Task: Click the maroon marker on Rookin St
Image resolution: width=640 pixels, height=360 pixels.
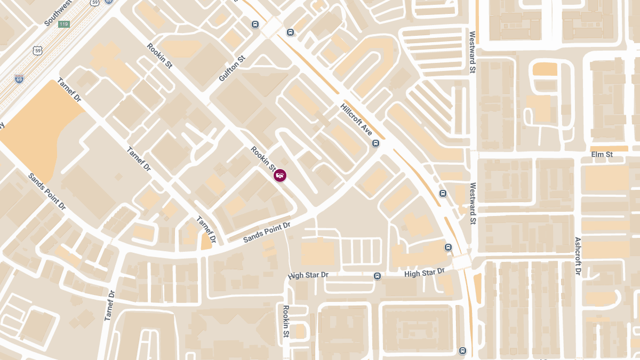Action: pos(280,175)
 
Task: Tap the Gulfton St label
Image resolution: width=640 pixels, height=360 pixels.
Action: pos(231,68)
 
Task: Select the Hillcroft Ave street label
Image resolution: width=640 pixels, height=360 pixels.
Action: pos(356,119)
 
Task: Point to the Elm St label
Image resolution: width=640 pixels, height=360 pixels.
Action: pos(602,155)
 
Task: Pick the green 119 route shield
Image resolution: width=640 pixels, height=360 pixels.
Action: pos(64,24)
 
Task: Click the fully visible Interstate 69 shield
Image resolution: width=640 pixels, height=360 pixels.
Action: pos(19,79)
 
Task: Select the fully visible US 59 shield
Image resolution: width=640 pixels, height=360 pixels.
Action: pos(37,51)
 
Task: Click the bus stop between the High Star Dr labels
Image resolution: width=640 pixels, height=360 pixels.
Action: pos(377,276)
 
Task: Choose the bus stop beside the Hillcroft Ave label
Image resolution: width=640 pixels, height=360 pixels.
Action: pos(376,143)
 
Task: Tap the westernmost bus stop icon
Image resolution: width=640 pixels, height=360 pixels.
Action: pos(255,24)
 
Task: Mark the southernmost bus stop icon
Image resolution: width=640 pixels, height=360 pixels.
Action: pos(462,350)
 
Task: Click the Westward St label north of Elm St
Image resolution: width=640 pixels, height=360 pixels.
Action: pos(472,52)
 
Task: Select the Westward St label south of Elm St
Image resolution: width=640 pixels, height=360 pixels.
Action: pos(473,203)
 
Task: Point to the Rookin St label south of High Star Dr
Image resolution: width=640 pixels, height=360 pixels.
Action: pos(286,322)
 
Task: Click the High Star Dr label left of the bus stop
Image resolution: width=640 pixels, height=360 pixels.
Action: pos(308,275)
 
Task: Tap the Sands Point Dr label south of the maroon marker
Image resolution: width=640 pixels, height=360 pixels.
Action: pos(267,233)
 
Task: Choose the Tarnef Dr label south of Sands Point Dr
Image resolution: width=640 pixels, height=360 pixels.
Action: pos(110,305)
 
